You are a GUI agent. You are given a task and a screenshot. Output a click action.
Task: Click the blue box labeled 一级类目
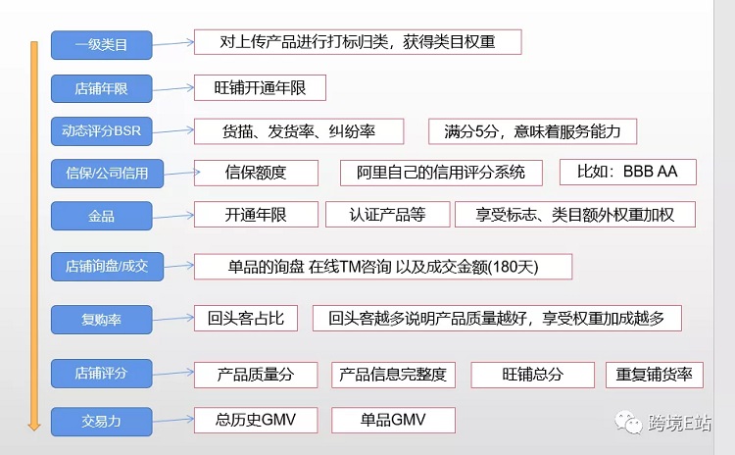(101, 45)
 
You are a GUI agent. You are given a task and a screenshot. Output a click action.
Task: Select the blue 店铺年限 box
(101, 88)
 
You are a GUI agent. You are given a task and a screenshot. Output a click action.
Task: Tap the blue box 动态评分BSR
(101, 131)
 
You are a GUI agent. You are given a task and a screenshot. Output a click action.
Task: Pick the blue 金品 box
(101, 216)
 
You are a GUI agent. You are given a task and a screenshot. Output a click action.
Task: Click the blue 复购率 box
(101, 320)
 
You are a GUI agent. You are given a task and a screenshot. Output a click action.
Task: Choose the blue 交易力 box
(101, 422)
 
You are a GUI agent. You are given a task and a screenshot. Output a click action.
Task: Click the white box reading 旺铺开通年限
(260, 87)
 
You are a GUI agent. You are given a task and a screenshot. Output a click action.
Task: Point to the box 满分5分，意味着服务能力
(532, 131)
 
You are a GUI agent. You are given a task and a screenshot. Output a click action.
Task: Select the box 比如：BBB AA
(628, 173)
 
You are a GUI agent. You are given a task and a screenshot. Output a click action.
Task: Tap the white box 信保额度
(256, 173)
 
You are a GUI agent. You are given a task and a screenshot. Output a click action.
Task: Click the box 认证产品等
(388, 215)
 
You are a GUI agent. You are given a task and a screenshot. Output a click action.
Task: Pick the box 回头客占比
(246, 319)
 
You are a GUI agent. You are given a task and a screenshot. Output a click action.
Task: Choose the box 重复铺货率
(655, 375)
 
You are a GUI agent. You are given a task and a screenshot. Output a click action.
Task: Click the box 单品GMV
(393, 420)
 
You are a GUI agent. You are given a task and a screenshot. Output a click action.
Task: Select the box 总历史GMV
(256, 420)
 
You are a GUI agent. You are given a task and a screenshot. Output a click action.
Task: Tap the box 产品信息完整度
(393, 375)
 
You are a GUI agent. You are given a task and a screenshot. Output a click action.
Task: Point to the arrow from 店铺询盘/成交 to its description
(178, 266)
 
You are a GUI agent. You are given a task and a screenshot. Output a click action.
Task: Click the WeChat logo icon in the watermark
(628, 423)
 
